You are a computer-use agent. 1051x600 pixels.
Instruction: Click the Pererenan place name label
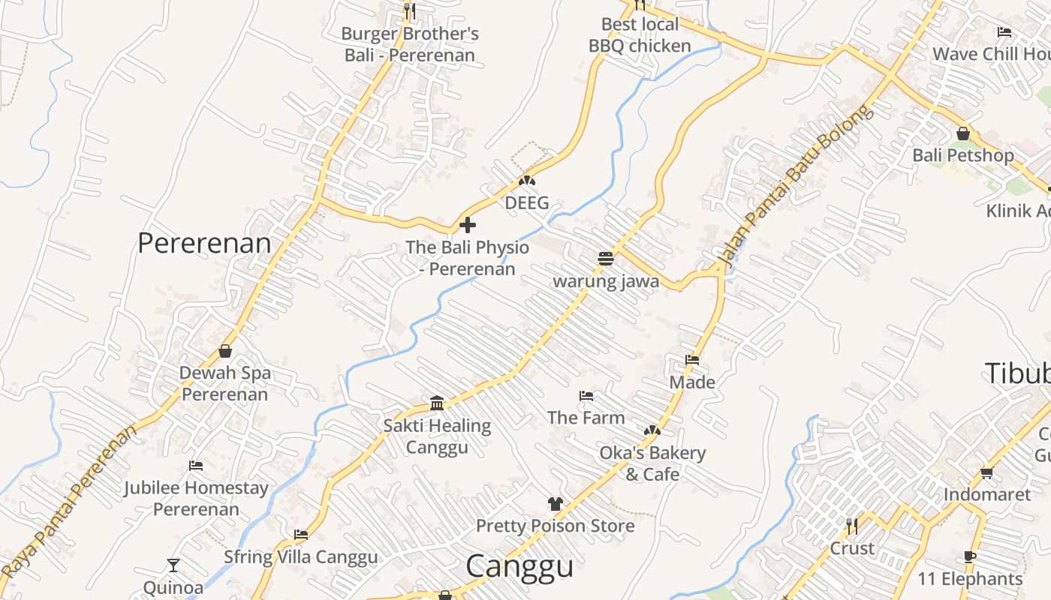coord(204,243)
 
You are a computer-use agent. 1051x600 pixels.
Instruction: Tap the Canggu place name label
coord(519,566)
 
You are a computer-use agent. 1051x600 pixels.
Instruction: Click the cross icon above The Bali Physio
coord(467,225)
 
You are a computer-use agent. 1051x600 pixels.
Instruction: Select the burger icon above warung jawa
coord(606,259)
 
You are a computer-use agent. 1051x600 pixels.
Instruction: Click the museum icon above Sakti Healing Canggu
coord(437,403)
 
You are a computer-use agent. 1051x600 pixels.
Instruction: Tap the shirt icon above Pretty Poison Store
coord(555,503)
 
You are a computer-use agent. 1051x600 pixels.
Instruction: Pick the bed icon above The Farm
coord(586,395)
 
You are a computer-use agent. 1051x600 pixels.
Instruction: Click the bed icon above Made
coord(692,360)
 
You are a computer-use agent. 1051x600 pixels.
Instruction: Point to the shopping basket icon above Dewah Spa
coord(225,350)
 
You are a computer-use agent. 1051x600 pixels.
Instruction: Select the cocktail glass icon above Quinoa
coord(173,565)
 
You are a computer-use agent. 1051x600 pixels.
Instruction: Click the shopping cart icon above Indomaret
coord(986,472)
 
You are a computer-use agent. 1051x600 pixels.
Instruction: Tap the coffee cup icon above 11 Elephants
coord(970,556)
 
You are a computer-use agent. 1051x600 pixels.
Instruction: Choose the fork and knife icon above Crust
coord(851,526)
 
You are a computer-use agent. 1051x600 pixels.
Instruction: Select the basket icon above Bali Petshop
coord(963,133)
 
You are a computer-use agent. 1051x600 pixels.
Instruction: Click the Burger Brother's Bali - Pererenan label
coord(410,44)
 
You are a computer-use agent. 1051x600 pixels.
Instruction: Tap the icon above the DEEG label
coord(527,181)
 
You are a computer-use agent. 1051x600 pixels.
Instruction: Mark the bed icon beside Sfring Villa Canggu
coord(301,535)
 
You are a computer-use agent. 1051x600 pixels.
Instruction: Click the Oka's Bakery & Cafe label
coord(652,463)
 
